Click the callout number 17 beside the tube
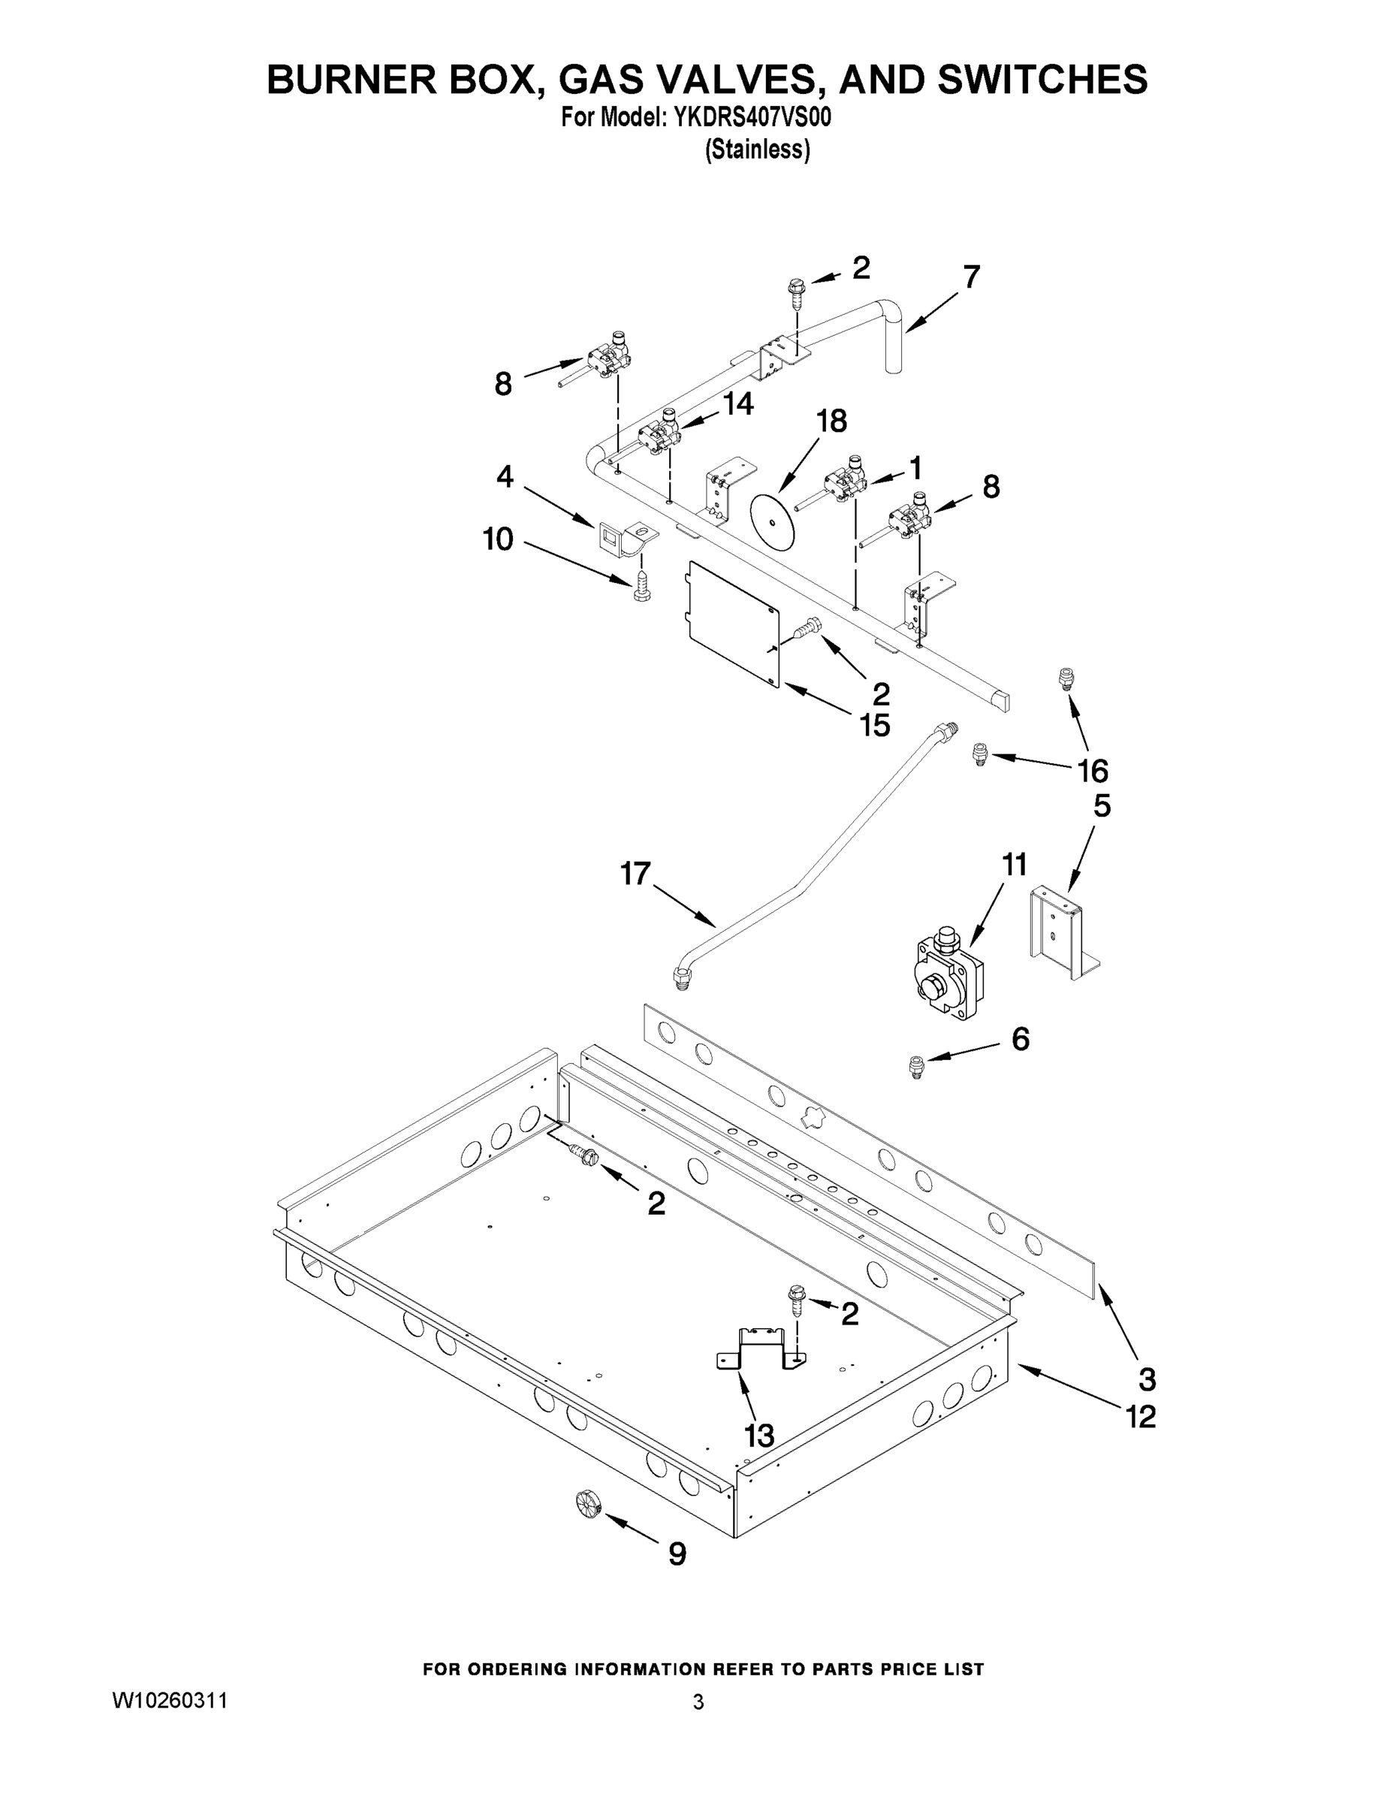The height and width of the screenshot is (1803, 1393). coord(635,874)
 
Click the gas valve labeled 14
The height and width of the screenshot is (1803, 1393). coord(659,435)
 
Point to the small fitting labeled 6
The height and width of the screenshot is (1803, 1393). coord(915,1068)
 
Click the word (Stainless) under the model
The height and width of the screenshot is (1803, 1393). coord(757,149)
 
